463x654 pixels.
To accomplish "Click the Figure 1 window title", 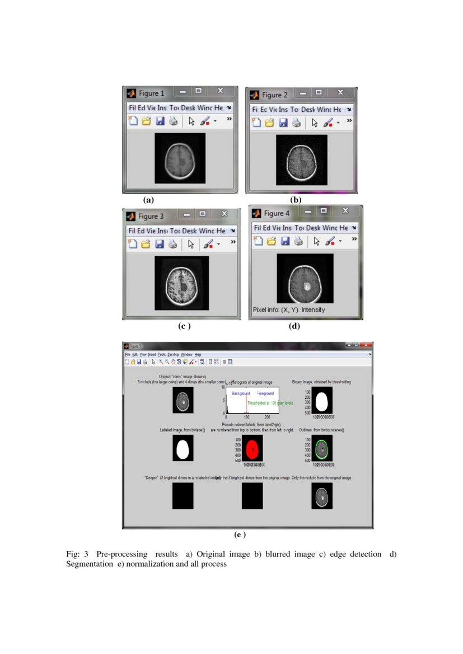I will pyautogui.click(x=151, y=93).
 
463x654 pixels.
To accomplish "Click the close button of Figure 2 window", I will pyautogui.click(x=340, y=93).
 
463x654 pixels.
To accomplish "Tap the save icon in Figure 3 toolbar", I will pyautogui.click(x=160, y=244).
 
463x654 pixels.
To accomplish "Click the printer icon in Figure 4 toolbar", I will pyautogui.click(x=298, y=241).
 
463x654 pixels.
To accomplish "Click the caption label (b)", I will pyautogui.click(x=296, y=200).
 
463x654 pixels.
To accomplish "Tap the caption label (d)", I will pyautogui.click(x=294, y=326).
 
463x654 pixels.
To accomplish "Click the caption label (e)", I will pyautogui.click(x=240, y=535).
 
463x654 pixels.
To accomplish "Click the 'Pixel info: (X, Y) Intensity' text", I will pyautogui.click(x=289, y=309).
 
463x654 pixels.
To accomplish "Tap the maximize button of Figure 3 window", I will pyautogui.click(x=203, y=214).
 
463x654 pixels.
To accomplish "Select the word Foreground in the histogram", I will pyautogui.click(x=266, y=394).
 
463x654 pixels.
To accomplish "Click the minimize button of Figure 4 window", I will pyautogui.click(x=307, y=211).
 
